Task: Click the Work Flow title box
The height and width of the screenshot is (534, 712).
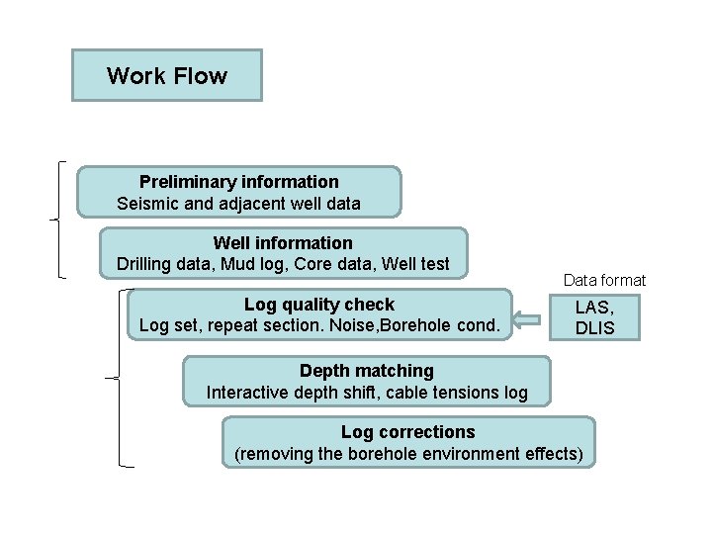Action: pyautogui.click(x=166, y=76)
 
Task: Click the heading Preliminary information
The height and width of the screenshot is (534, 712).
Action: pyautogui.click(x=238, y=182)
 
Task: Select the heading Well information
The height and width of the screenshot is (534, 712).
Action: pyautogui.click(x=282, y=243)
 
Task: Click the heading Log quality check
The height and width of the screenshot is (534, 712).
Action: pyautogui.click(x=318, y=305)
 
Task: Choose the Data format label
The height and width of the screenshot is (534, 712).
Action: pyautogui.click(x=604, y=281)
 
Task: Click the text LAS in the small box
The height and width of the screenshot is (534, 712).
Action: pyautogui.click(x=594, y=309)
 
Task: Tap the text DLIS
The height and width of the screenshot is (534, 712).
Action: pyautogui.click(x=594, y=328)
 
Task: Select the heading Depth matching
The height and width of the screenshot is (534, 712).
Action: pyautogui.click(x=366, y=371)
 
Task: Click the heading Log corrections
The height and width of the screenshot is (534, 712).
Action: pyautogui.click(x=407, y=432)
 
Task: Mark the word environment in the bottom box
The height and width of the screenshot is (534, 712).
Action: pyautogui.click(x=472, y=455)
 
